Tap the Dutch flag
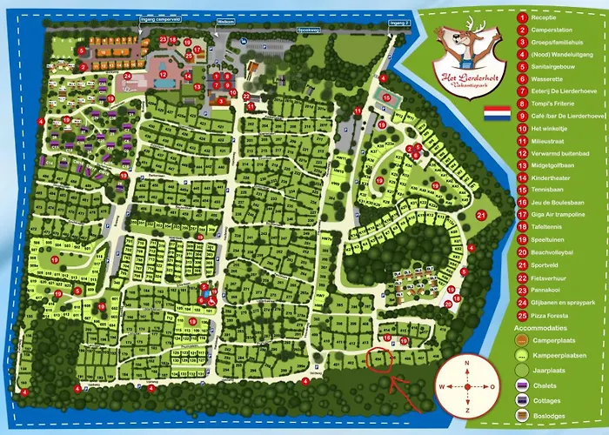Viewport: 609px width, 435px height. coord(496,113)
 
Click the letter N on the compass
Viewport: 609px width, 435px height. coord(467,362)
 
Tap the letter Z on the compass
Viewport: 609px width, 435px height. coord(467,410)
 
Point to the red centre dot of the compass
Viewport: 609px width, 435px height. coord(467,386)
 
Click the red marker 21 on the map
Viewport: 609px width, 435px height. coord(481,215)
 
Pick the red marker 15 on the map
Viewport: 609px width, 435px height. coord(386,98)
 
